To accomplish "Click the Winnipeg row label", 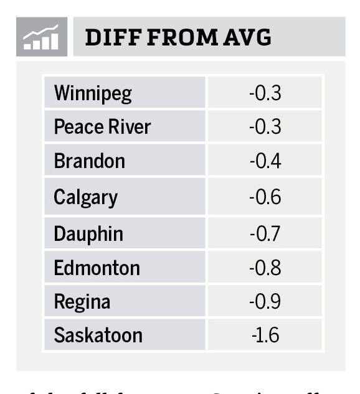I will click(x=93, y=93).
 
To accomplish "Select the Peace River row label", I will click(x=102, y=128).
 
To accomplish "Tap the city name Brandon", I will click(x=89, y=162).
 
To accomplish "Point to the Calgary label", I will click(x=85, y=197).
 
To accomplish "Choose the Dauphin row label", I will click(x=88, y=234).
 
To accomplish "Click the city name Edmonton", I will click(x=97, y=268).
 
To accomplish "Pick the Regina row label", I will click(x=82, y=302).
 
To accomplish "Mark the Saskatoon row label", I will click(x=98, y=335).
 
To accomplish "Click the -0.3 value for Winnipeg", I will click(x=265, y=93).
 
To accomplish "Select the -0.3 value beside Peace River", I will click(x=265, y=128).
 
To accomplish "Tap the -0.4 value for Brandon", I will click(x=265, y=162).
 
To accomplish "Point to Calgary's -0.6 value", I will click(x=265, y=197).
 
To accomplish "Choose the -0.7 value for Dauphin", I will click(x=265, y=234).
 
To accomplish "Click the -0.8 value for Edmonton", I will click(x=265, y=268).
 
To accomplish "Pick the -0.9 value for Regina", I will click(x=265, y=302).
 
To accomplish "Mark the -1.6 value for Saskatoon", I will click(x=265, y=335).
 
